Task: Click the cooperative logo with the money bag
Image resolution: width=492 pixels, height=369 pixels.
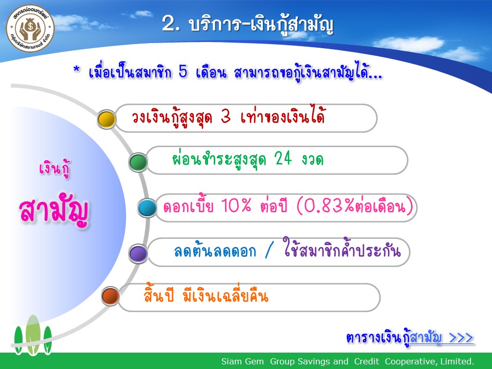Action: click(30, 29)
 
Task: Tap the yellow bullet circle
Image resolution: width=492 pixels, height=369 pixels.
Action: click(107, 119)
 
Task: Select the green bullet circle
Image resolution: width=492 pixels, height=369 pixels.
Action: click(138, 162)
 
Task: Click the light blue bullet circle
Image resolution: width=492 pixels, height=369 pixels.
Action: click(147, 208)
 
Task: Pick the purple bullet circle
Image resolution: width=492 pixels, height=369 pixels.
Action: click(138, 254)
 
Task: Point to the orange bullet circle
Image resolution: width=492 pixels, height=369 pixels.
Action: click(111, 296)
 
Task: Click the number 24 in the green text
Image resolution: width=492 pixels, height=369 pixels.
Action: click(283, 158)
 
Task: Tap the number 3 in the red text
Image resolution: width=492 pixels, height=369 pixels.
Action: click(226, 116)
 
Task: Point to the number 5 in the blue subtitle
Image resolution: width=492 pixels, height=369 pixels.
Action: click(183, 72)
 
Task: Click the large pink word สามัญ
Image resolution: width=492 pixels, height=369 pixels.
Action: click(53, 211)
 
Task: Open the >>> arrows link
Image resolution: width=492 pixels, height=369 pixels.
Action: click(461, 338)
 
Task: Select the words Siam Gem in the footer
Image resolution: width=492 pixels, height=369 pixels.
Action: click(242, 361)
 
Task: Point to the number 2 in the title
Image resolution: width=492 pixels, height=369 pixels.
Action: click(168, 24)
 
